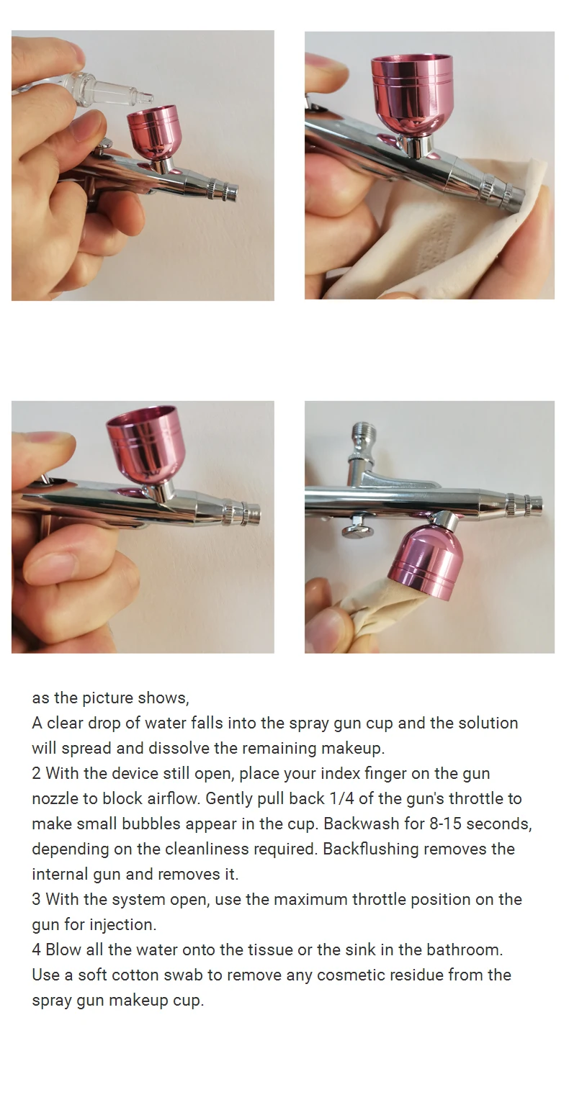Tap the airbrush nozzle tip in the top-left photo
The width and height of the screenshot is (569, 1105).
click(x=230, y=192)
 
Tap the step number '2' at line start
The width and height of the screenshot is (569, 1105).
click(x=37, y=773)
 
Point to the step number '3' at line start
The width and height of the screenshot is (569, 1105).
click(x=37, y=899)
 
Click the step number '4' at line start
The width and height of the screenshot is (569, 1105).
click(x=37, y=949)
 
